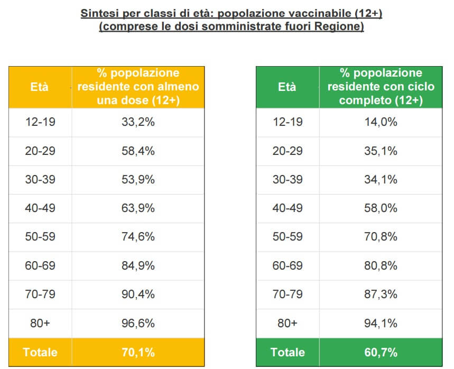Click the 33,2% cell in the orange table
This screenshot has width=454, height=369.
[137, 122]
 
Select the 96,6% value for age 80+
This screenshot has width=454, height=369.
[137, 323]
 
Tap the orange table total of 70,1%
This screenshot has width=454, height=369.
[137, 352]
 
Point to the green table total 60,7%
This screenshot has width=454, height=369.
[381, 352]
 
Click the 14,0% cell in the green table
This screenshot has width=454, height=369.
[381, 122]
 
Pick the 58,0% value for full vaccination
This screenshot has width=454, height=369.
[381, 208]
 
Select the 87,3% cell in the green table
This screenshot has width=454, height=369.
[381, 294]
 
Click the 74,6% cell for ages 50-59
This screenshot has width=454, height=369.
[137, 237]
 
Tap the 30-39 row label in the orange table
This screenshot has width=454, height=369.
[40, 180]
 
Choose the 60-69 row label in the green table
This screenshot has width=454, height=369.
[288, 265]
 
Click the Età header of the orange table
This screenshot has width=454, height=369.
[40, 87]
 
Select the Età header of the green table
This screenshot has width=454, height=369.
[287, 87]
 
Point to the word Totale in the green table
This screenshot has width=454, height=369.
[288, 352]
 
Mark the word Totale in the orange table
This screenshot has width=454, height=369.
[40, 352]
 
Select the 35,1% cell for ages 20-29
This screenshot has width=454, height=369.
[381, 151]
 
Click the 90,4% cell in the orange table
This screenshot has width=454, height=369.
[137, 294]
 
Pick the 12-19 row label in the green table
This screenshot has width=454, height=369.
[288, 122]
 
